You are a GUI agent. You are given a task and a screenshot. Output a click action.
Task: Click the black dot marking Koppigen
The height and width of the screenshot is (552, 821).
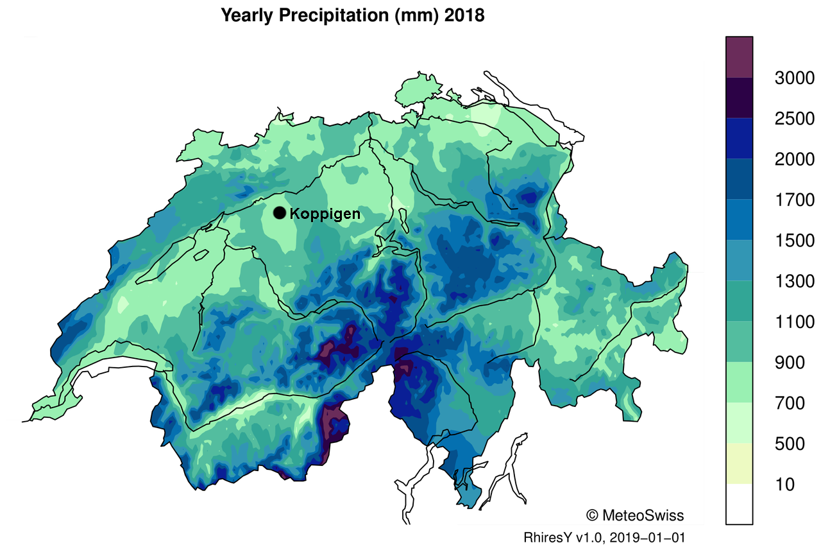(280, 213)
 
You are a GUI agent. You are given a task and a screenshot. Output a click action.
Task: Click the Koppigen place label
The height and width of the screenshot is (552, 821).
(325, 214)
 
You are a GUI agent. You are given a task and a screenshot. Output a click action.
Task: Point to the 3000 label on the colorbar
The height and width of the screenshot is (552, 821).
(794, 78)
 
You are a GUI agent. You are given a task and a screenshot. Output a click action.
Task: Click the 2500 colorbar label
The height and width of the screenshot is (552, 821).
(794, 119)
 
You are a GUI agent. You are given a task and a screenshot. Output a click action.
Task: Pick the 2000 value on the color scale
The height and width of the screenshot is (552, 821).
(794, 159)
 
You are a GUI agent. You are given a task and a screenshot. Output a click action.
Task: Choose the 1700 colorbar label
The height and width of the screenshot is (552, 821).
(794, 200)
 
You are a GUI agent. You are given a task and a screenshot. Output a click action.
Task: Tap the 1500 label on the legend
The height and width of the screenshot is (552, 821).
(794, 241)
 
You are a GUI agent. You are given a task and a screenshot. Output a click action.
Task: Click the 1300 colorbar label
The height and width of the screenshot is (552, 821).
(794, 281)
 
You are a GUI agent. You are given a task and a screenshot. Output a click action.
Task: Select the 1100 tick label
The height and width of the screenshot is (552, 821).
(794, 322)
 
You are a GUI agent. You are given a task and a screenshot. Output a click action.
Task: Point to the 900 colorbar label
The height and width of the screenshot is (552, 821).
(788, 363)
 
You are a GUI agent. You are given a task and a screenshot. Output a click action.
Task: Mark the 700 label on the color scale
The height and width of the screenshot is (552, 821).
(788, 403)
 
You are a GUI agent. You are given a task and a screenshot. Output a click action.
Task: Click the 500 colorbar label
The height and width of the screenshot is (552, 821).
(788, 444)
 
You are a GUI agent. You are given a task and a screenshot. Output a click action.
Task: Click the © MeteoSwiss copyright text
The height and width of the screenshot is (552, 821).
(634, 515)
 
